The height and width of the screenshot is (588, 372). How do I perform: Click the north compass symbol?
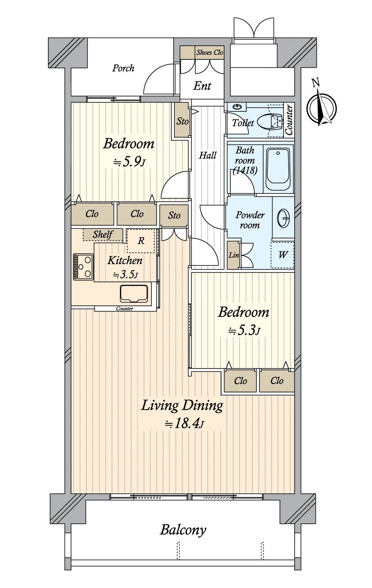pos(322,108)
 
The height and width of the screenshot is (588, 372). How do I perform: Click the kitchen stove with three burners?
pos(83,267)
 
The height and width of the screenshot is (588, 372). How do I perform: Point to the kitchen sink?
pos(134,294)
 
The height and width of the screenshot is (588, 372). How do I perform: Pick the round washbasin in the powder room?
pos(283,218)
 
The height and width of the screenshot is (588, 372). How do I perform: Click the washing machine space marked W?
pos(282,255)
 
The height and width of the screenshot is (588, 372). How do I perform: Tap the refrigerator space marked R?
pos(141,241)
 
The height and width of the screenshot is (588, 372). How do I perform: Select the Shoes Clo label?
pos(209,52)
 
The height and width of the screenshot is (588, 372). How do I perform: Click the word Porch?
pos(123,68)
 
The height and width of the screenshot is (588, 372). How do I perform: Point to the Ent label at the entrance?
pos(202,86)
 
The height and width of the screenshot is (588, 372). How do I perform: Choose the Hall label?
pos(208,155)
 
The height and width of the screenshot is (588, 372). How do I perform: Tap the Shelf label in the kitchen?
pos(103,234)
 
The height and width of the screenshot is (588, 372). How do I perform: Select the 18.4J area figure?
pos(184,424)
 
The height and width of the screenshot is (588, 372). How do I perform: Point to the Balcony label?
pos(183,530)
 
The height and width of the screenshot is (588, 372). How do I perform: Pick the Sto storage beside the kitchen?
pos(174,216)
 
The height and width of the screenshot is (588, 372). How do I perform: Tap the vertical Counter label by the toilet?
pos(289,120)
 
